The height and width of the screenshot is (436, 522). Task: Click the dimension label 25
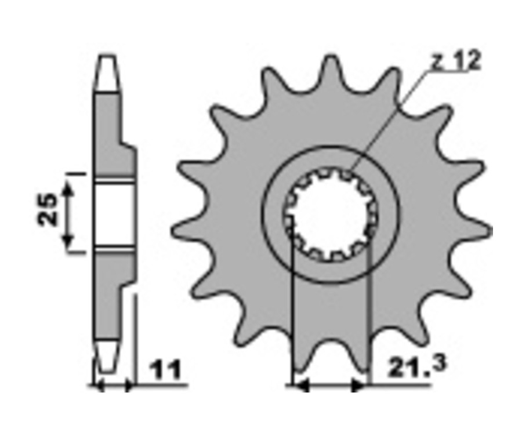point(47,210)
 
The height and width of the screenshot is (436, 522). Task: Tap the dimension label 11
point(165,369)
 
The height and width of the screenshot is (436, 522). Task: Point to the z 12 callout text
point(457,60)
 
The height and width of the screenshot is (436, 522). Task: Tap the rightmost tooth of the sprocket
point(480,230)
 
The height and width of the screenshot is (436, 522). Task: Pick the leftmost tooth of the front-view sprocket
point(186,230)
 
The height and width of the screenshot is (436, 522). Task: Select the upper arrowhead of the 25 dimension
point(68,188)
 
